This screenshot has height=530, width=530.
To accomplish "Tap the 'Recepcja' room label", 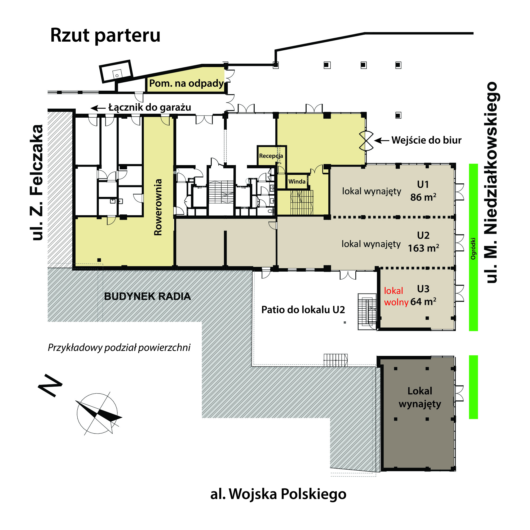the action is click(271, 156).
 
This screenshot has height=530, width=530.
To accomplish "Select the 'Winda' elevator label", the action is click(297, 181).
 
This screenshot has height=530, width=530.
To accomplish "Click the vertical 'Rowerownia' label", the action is click(158, 207).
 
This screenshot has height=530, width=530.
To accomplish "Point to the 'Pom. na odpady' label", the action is click(187, 83).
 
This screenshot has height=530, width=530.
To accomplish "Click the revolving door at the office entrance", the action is click(366, 141).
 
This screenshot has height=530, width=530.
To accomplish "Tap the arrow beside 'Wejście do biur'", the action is click(382, 141).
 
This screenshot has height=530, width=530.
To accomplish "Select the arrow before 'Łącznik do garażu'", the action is click(98, 108).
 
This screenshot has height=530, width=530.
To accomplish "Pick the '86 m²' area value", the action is click(423, 197).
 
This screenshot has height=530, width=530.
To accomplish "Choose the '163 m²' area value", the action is click(423, 248).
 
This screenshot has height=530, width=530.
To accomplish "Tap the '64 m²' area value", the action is click(423, 302).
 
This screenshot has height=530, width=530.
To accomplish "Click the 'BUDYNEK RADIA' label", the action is click(148, 297).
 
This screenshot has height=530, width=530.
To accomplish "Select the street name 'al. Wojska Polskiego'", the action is click(278, 494).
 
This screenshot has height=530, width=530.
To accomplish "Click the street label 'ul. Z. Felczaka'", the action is click(37, 183).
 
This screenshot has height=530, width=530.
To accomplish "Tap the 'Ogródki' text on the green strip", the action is click(473, 249).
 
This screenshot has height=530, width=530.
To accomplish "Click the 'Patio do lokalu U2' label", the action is click(303, 310).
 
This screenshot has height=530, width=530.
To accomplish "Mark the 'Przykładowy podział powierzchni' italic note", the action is click(119, 348).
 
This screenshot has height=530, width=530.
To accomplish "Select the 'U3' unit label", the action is click(423, 289).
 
